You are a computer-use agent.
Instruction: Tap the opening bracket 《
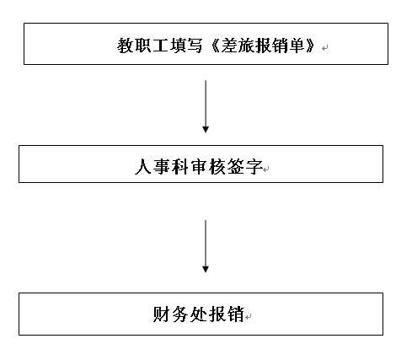(214, 46)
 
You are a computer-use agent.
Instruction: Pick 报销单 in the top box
(281, 46)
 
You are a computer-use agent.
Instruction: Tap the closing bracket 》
(311, 46)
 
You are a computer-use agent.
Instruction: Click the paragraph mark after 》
(325, 48)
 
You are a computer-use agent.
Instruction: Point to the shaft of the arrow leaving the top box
(206, 104)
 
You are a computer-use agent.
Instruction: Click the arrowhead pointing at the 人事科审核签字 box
(206, 130)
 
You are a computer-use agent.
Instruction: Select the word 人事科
(162, 167)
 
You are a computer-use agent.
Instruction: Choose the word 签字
(245, 167)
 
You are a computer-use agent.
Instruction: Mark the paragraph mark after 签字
(266, 169)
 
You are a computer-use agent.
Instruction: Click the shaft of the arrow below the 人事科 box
(206, 244)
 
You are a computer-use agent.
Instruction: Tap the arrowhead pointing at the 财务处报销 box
(206, 270)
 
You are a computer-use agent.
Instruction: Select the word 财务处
(180, 314)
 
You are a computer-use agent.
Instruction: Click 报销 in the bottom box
(227, 314)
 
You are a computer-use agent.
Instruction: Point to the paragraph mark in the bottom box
(248, 317)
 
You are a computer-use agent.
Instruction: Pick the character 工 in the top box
(160, 46)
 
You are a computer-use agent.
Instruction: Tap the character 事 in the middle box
(162, 167)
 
